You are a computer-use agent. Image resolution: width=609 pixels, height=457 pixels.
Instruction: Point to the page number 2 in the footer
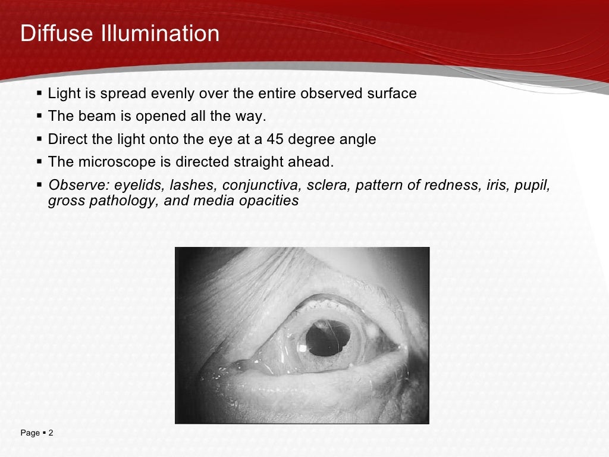[x=51, y=433]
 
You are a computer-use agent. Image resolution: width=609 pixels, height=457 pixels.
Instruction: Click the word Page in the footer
[x=30, y=433]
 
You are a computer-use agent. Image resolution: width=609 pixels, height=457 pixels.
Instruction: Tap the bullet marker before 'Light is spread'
[x=39, y=93]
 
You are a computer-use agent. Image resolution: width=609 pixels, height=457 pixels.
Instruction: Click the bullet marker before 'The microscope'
[x=39, y=162]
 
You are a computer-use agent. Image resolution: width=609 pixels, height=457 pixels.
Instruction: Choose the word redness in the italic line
[x=456, y=185]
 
